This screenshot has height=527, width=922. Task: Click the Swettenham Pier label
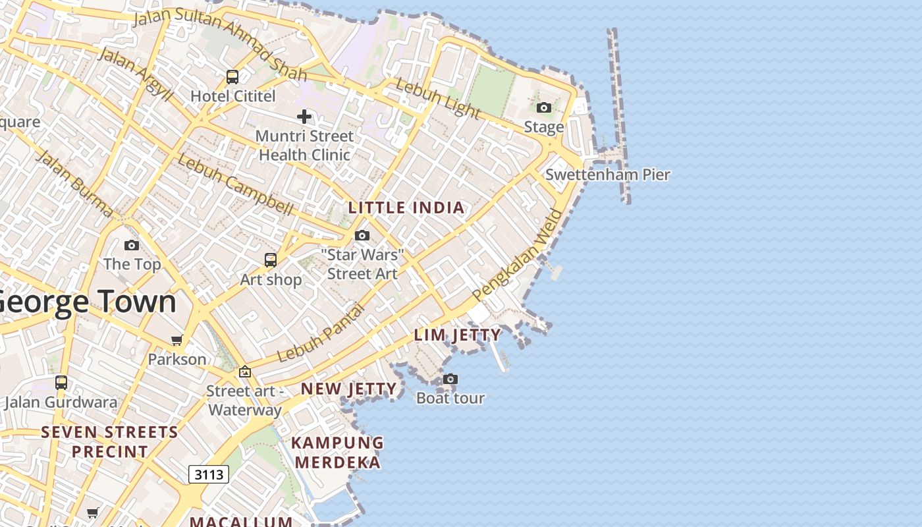[x=607, y=175]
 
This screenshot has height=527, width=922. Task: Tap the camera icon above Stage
[x=543, y=107]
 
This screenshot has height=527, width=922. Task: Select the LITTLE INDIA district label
[x=406, y=208]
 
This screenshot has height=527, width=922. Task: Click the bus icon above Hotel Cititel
[x=232, y=77]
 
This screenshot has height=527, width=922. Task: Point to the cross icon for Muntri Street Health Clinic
[x=304, y=117]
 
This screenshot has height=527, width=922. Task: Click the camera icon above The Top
[x=132, y=246]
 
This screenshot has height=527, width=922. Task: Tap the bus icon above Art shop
[x=271, y=260]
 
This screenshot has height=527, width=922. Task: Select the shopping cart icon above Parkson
[x=176, y=341]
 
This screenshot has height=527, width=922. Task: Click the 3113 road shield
[x=209, y=474]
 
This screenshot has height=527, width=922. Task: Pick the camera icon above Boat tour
[x=450, y=379]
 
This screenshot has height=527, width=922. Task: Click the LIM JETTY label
[x=458, y=335]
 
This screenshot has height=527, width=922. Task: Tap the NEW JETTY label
[x=349, y=389]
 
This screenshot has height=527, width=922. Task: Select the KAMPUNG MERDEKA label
[x=337, y=453]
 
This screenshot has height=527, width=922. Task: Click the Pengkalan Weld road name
[x=518, y=255]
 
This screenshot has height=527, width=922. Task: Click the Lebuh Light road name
[x=437, y=99]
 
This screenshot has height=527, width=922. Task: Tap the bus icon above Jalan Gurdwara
[x=61, y=383]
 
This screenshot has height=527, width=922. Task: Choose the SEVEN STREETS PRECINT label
[x=110, y=442]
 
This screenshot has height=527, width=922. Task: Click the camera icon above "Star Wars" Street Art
[x=362, y=236]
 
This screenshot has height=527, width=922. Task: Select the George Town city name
[x=87, y=302]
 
